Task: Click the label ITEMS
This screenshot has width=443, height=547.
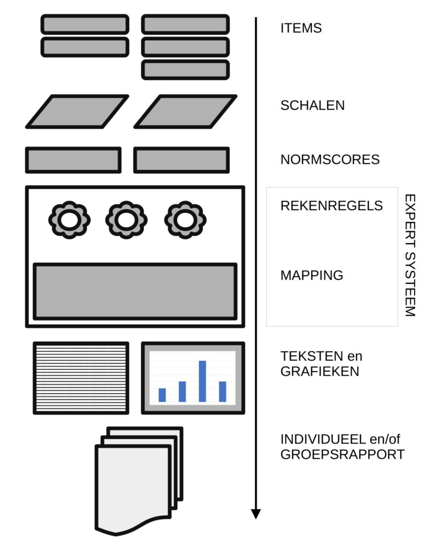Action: coord(301,28)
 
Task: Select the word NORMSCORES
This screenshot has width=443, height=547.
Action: coord(330,159)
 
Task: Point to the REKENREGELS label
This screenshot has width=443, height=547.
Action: coord(331,206)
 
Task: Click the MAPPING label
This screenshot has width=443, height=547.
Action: coord(312,276)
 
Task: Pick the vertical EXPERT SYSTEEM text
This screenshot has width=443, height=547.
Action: coord(409,255)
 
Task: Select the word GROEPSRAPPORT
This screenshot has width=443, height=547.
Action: coord(342,455)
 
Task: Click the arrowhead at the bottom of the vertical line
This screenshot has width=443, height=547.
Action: coord(256,514)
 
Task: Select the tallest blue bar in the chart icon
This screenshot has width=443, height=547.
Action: coord(203,381)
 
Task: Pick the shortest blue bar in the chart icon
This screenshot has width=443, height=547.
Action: coord(162,395)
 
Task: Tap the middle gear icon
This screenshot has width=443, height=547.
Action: coord(126,219)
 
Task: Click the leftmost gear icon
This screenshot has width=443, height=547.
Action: coord(69,219)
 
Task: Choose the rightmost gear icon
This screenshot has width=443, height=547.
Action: coord(185,219)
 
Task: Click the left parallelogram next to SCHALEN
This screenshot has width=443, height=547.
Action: coord(77,112)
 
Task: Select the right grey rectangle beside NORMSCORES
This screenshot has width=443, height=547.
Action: coord(181,160)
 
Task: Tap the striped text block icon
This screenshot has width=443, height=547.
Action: coord(81,378)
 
